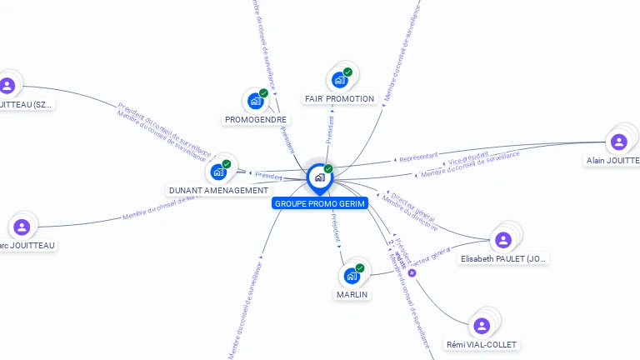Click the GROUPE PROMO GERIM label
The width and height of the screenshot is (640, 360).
click(x=320, y=203)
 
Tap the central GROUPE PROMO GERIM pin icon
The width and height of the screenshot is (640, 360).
click(x=319, y=177)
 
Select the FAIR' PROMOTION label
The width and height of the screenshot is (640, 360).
click(x=339, y=98)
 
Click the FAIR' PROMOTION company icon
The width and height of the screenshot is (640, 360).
click(x=339, y=80)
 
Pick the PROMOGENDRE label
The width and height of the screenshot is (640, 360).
click(x=256, y=119)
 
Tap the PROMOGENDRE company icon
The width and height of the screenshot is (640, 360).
click(x=256, y=101)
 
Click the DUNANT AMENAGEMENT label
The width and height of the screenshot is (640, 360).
click(x=219, y=190)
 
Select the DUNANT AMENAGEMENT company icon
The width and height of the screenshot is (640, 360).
click(x=218, y=172)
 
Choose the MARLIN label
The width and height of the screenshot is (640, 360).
click(x=352, y=294)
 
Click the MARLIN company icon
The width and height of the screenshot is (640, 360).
click(x=352, y=275)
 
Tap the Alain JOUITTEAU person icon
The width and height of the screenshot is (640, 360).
click(x=618, y=142)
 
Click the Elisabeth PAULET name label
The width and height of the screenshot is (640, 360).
click(x=504, y=259)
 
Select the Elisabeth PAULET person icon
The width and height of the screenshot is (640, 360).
click(x=502, y=240)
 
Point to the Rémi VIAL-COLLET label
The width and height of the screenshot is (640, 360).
click(x=482, y=344)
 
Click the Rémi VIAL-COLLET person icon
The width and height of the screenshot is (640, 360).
click(x=481, y=326)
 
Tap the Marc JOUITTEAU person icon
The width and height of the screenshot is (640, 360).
click(x=22, y=227)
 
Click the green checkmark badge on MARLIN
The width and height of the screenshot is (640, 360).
click(x=360, y=267)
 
